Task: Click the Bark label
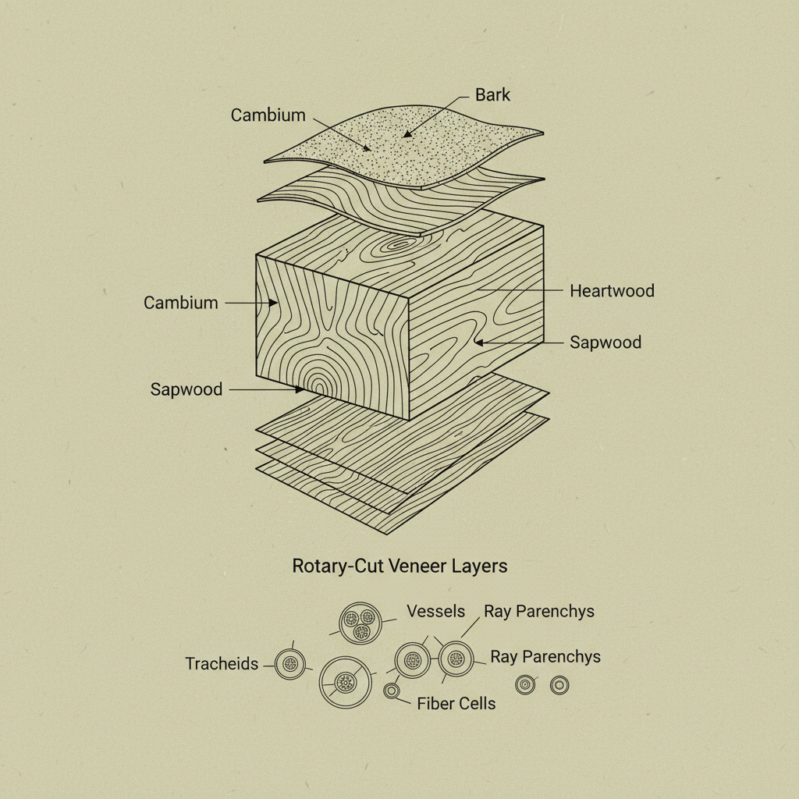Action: [x=492, y=95]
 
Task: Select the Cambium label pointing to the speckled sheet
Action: [x=268, y=115]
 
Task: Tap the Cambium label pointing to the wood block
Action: [x=180, y=303]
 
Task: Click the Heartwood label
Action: [x=612, y=291]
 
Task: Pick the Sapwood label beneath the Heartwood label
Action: [x=605, y=343]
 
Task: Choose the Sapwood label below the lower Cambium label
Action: [x=186, y=389]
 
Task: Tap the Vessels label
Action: [x=435, y=612]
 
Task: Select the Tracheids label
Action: [x=222, y=664]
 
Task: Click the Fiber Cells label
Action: [x=456, y=704]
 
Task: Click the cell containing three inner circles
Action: [x=360, y=622]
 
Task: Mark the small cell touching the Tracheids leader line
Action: [x=290, y=664]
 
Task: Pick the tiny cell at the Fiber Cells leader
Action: [x=392, y=691]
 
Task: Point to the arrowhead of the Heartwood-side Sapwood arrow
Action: [x=479, y=342]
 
